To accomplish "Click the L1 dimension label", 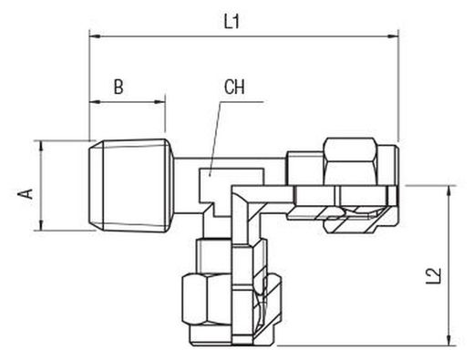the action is [x=232, y=22].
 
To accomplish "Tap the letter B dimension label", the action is [x=118, y=87].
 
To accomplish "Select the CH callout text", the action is [x=234, y=87].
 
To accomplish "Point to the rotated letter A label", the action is [x=26, y=194].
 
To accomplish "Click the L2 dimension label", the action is [x=433, y=276].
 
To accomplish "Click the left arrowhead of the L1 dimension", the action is [x=95, y=36].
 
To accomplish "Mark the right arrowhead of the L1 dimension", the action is [x=393, y=36].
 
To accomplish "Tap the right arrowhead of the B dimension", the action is [x=160, y=102].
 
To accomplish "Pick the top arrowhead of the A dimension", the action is [x=40, y=146].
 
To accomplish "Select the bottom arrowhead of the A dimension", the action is [x=40, y=225].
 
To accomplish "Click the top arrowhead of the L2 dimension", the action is [x=449, y=190].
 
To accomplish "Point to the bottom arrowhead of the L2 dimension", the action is [x=449, y=340].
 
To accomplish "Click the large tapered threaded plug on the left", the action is [x=131, y=186].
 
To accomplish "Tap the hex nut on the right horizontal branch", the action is [x=350, y=161].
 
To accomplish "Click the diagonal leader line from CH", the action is [x=216, y=139].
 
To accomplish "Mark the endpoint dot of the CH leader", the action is [x=210, y=175].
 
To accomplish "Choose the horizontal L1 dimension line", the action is [x=243, y=36].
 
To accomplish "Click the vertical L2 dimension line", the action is [x=449, y=265].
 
